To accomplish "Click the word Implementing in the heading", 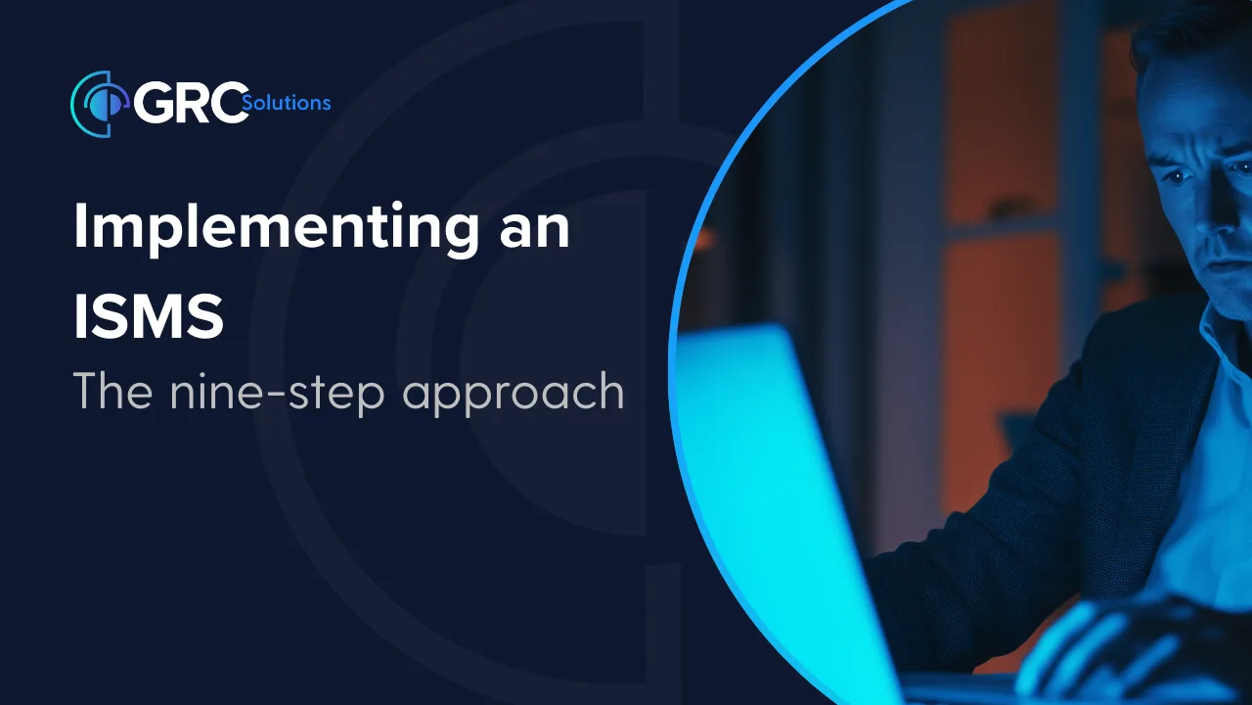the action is [x=276, y=228].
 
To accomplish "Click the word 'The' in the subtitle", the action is [x=112, y=391].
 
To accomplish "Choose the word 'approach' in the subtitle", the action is [x=514, y=395].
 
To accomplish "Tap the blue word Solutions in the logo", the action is [x=287, y=103].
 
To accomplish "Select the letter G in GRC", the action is [x=155, y=103].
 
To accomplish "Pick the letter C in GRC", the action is [x=230, y=103].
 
